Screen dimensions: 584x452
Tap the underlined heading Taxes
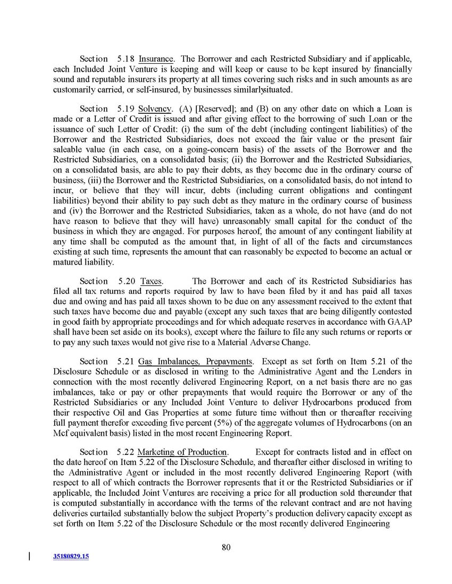[x=151, y=281]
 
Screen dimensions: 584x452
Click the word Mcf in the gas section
[x=62, y=433]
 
